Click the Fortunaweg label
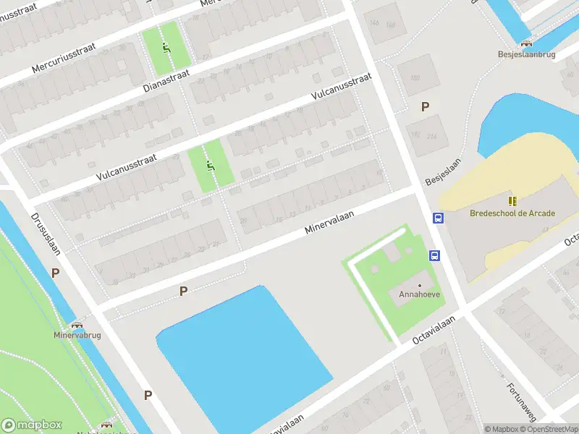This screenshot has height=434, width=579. pos(520,401)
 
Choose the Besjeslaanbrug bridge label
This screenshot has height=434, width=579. pos(525,54)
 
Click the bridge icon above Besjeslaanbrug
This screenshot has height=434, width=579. pos(525,43)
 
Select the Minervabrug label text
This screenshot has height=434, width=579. pos(77,336)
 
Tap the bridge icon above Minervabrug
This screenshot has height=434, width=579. pos(77,325)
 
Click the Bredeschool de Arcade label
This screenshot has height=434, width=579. pos(512,213)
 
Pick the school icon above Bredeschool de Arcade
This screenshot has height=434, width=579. pos(512,201)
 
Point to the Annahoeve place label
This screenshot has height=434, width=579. pos(419,294)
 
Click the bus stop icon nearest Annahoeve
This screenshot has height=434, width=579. pos(435,255)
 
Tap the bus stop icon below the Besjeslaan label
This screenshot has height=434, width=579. pos(438,218)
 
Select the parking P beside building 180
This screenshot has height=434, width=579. pos(426,106)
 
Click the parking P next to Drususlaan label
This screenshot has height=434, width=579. pos(55,273)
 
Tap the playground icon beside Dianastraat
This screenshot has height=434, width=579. pos(167,48)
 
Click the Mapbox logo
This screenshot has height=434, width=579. pos(32,425)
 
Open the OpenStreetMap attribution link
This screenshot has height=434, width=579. pos(550,429)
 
